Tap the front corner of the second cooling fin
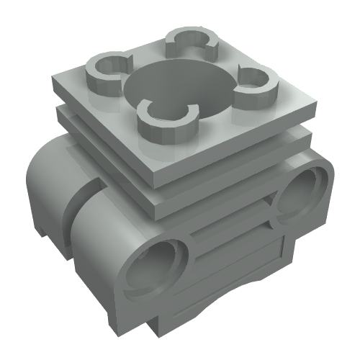153,193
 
